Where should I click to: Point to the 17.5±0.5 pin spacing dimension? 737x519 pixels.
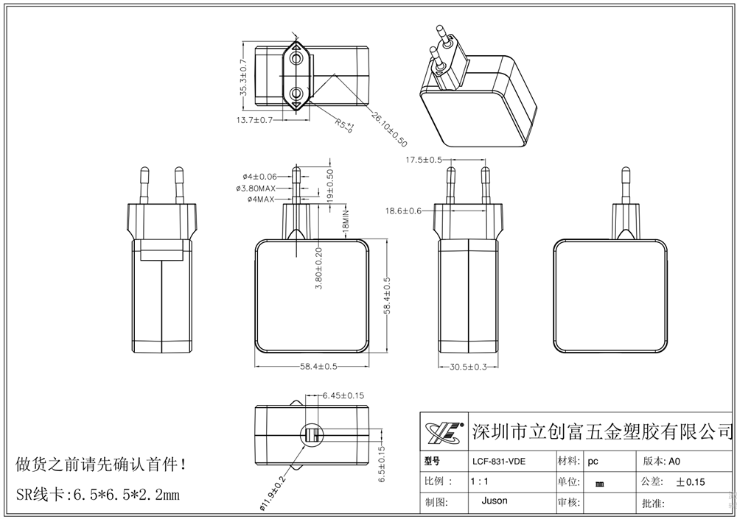click(424, 160)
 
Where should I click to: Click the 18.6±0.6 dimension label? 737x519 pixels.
click(403, 211)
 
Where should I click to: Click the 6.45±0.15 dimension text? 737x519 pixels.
click(344, 396)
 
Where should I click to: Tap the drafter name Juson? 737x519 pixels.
click(494, 501)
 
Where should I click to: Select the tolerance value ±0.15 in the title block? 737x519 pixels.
click(691, 482)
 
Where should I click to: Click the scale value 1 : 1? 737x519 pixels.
click(480, 481)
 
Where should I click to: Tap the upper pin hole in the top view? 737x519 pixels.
click(296, 57)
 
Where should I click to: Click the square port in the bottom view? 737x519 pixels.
click(311, 434)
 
